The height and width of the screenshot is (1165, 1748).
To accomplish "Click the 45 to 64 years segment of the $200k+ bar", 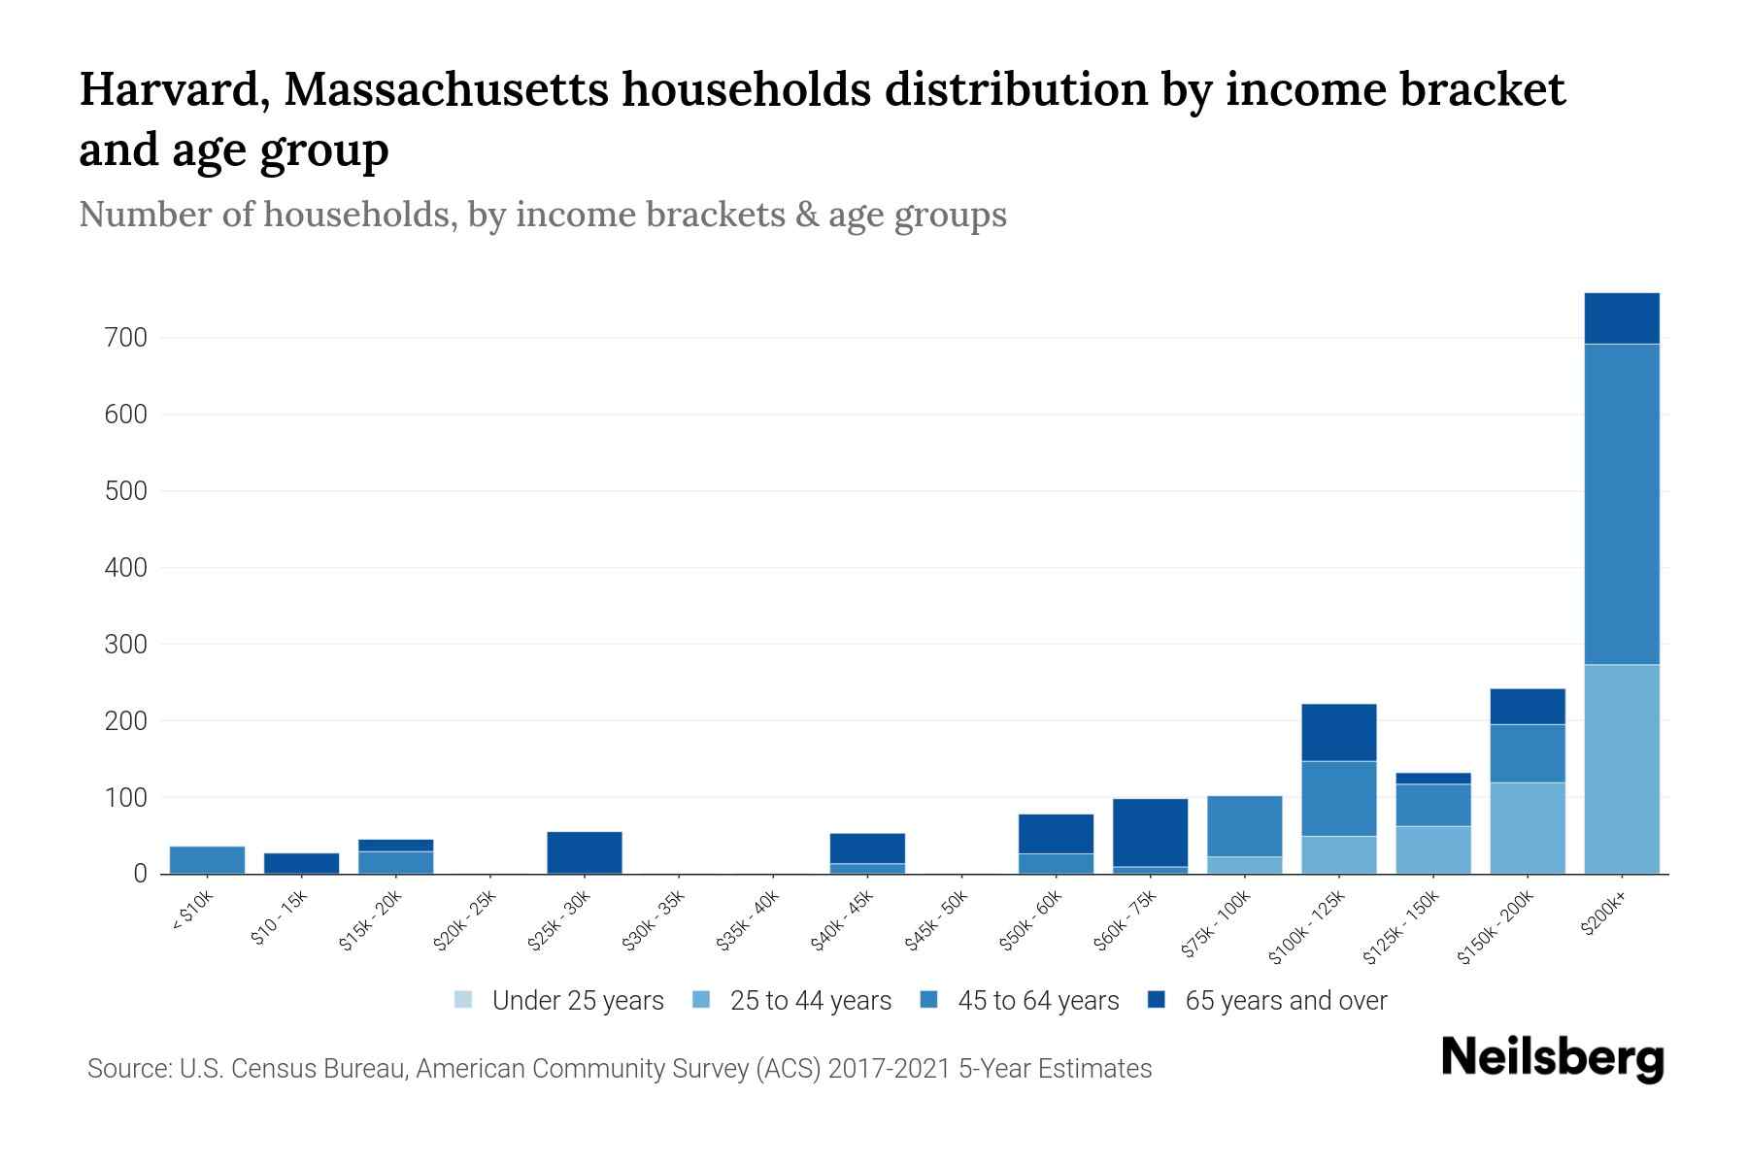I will (x=1621, y=504).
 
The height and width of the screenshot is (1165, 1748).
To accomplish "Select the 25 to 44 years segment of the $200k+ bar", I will (x=1621, y=769).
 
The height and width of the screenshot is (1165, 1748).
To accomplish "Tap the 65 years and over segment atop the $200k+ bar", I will (x=1621, y=318).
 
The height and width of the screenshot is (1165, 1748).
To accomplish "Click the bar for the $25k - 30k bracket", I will (x=584, y=852).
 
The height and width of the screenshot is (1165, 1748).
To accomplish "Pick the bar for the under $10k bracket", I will (x=207, y=860).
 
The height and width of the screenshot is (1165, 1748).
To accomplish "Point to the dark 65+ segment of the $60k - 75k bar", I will (x=1150, y=832).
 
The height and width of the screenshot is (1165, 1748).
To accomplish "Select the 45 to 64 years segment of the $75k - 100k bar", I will (x=1244, y=826).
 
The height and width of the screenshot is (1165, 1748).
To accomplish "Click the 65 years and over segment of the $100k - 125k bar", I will (x=1338, y=732).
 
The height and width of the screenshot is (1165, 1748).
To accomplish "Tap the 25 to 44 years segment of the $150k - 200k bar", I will (x=1527, y=828).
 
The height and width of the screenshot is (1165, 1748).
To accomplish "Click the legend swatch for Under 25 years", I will (x=463, y=1000).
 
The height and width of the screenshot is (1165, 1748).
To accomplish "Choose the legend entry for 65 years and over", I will (x=1286, y=1001).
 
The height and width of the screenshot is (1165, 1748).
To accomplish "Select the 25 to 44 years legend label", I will (x=810, y=1001).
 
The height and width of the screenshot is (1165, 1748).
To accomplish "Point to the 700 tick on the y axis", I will (x=127, y=338).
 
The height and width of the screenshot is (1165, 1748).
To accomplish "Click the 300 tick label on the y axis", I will (x=127, y=645).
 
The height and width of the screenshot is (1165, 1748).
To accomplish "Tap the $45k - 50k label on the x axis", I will (x=938, y=927).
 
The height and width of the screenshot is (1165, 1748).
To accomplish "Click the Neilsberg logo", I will (x=1552, y=1058).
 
